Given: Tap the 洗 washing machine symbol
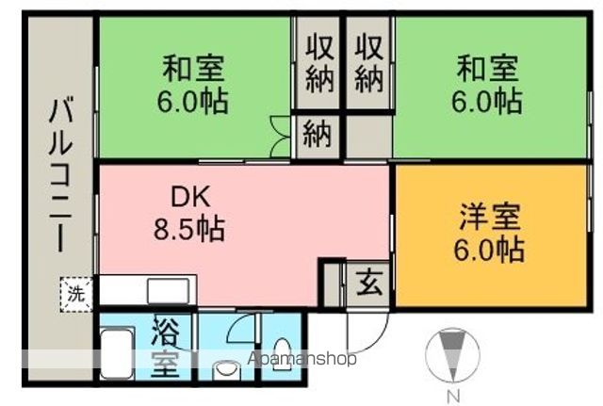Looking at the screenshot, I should pyautogui.click(x=74, y=292).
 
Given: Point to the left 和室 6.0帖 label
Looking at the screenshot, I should pyautogui.click(x=194, y=85).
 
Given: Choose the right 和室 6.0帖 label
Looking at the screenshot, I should pyautogui.click(x=487, y=85).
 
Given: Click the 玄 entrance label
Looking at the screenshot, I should pyautogui.click(x=367, y=281).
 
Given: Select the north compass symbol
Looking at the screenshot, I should pyautogui.click(x=452, y=355).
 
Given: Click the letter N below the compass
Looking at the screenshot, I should pyautogui.click(x=452, y=396).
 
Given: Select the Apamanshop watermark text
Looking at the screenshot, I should pyautogui.click(x=301, y=359).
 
